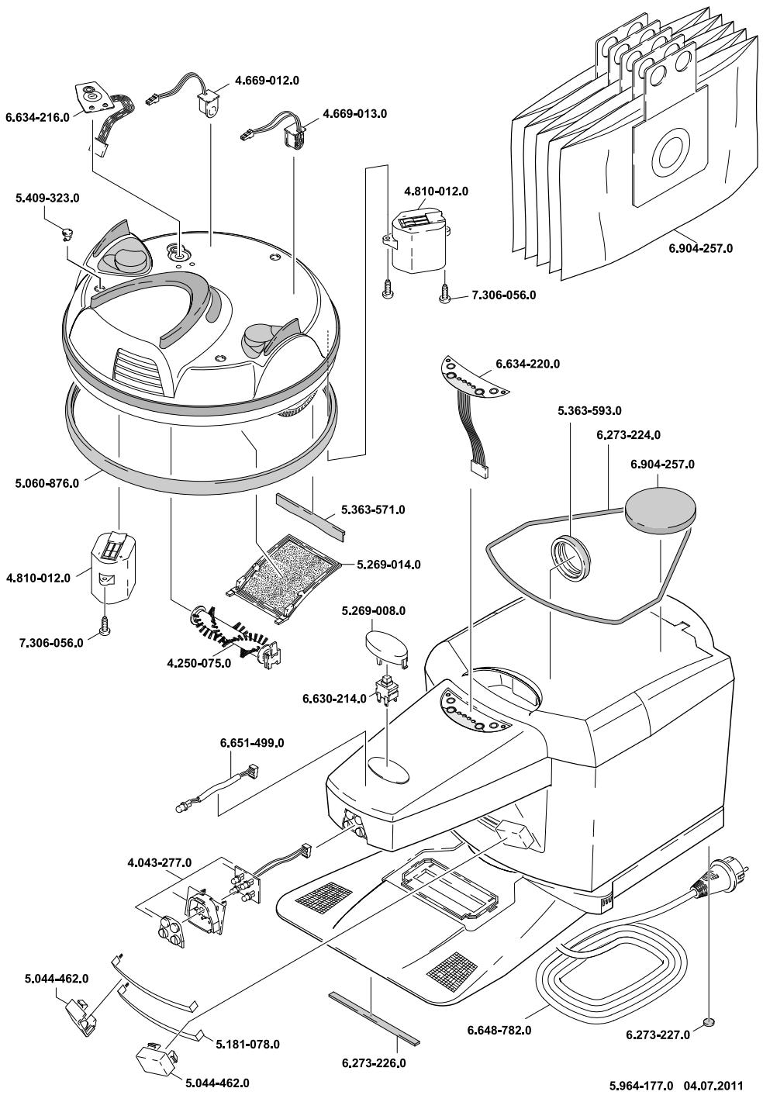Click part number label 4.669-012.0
267,81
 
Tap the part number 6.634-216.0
38,117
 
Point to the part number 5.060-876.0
47,483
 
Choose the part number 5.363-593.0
589,411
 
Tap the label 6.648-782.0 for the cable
499,1030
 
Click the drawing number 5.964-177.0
641,1084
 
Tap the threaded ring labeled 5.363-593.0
571,558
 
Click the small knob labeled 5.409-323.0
66,235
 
